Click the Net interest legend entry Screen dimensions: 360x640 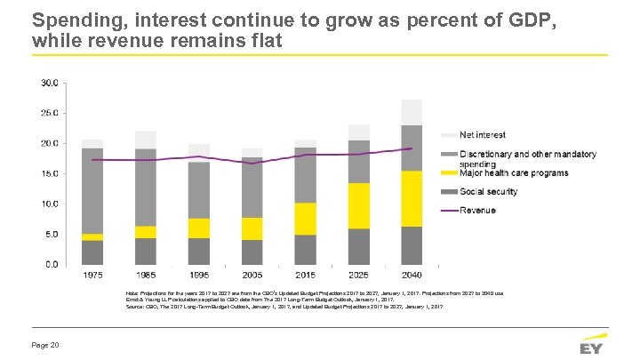(483, 135)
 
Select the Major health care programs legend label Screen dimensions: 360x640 (514, 172)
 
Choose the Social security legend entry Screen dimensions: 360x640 (489, 191)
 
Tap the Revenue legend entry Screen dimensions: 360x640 (477, 211)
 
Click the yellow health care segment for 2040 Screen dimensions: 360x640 (411, 198)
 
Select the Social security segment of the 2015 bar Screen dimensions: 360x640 (305, 249)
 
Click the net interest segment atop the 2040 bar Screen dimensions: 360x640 (411, 112)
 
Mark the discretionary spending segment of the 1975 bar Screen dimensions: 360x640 (92, 190)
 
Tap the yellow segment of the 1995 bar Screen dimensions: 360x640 (199, 228)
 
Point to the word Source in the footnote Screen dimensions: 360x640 (136, 306)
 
